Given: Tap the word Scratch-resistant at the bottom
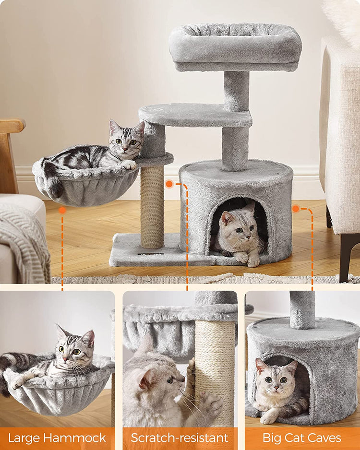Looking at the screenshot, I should [x=180, y=438].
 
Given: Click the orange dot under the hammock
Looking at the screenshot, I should [x=62, y=210].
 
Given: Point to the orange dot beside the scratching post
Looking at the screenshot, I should [x=169, y=184].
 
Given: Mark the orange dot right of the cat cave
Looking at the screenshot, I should [x=296, y=208].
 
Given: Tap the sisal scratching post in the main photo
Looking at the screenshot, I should [x=152, y=206].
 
